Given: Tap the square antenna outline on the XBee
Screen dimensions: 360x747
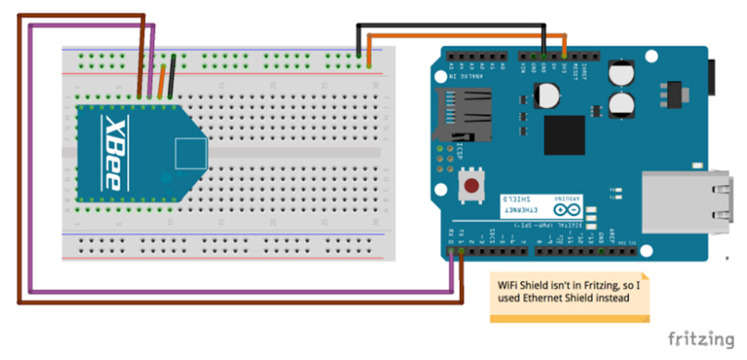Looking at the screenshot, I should (190, 153).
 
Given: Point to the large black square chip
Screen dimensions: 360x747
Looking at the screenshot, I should (564, 135).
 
